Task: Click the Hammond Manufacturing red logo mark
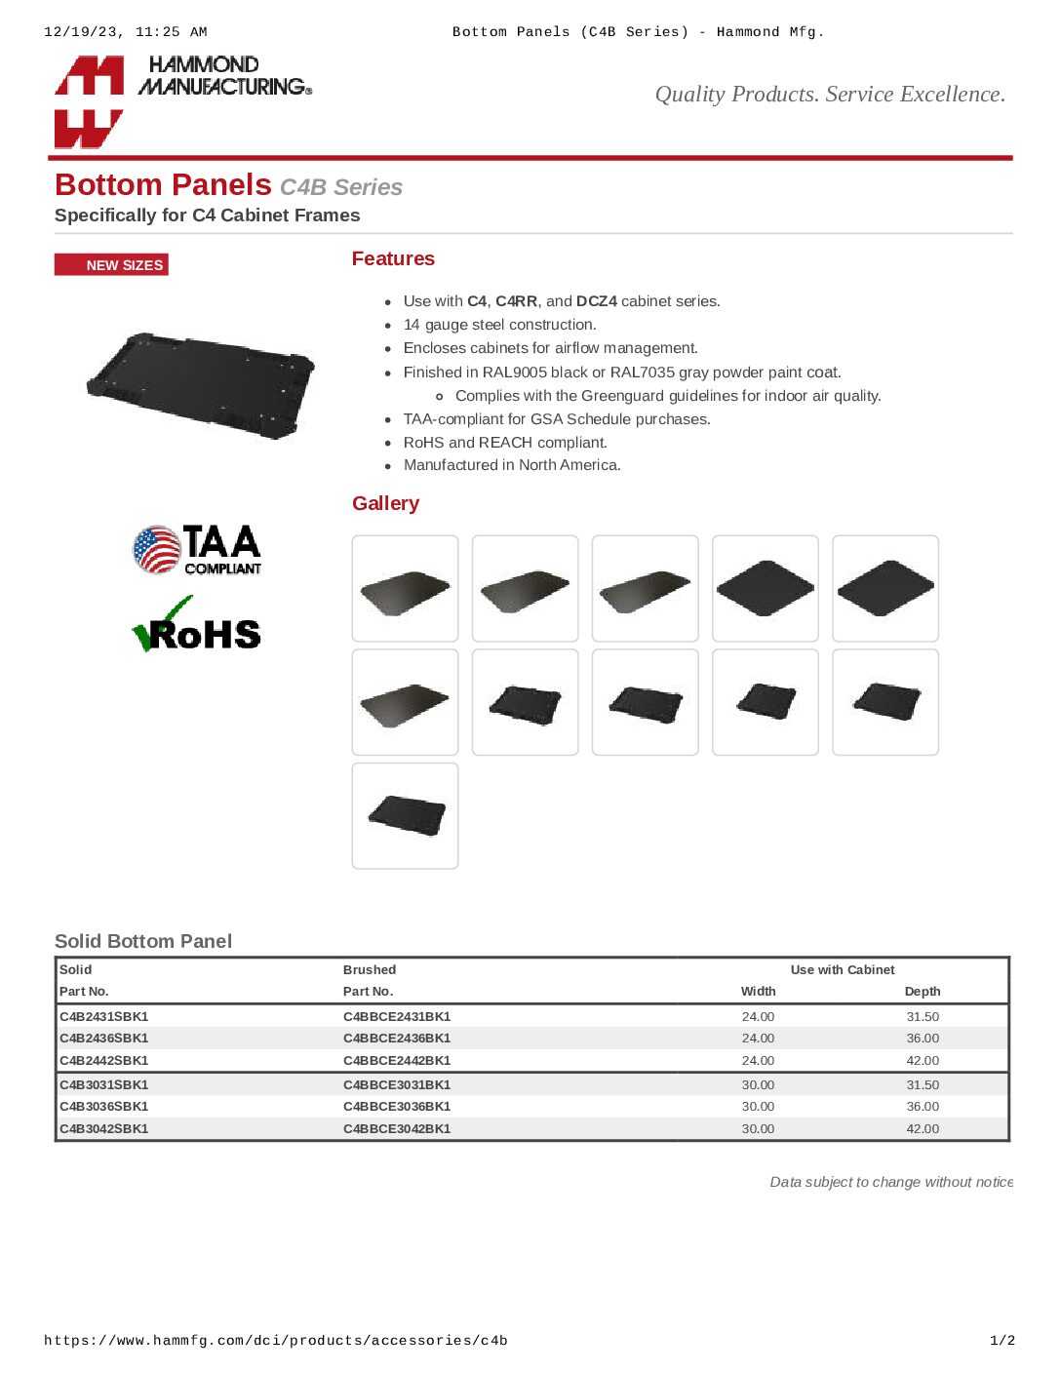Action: click(89, 101)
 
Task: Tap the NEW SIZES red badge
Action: click(111, 265)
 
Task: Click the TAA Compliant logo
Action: click(197, 550)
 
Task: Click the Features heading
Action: click(393, 259)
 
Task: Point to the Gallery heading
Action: click(385, 504)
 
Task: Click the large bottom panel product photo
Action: click(201, 383)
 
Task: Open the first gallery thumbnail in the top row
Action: click(405, 588)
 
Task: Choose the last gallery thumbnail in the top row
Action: click(885, 588)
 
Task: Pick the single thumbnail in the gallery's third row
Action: click(405, 816)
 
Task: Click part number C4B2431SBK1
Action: click(104, 1017)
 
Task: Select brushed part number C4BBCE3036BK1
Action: click(397, 1107)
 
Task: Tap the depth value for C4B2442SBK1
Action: click(923, 1061)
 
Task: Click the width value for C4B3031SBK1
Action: click(758, 1085)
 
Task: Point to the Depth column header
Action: click(923, 992)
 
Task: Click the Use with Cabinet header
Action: click(843, 970)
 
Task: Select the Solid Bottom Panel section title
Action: click(143, 942)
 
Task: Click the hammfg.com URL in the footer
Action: click(276, 1341)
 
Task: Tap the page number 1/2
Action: click(1002, 1341)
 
